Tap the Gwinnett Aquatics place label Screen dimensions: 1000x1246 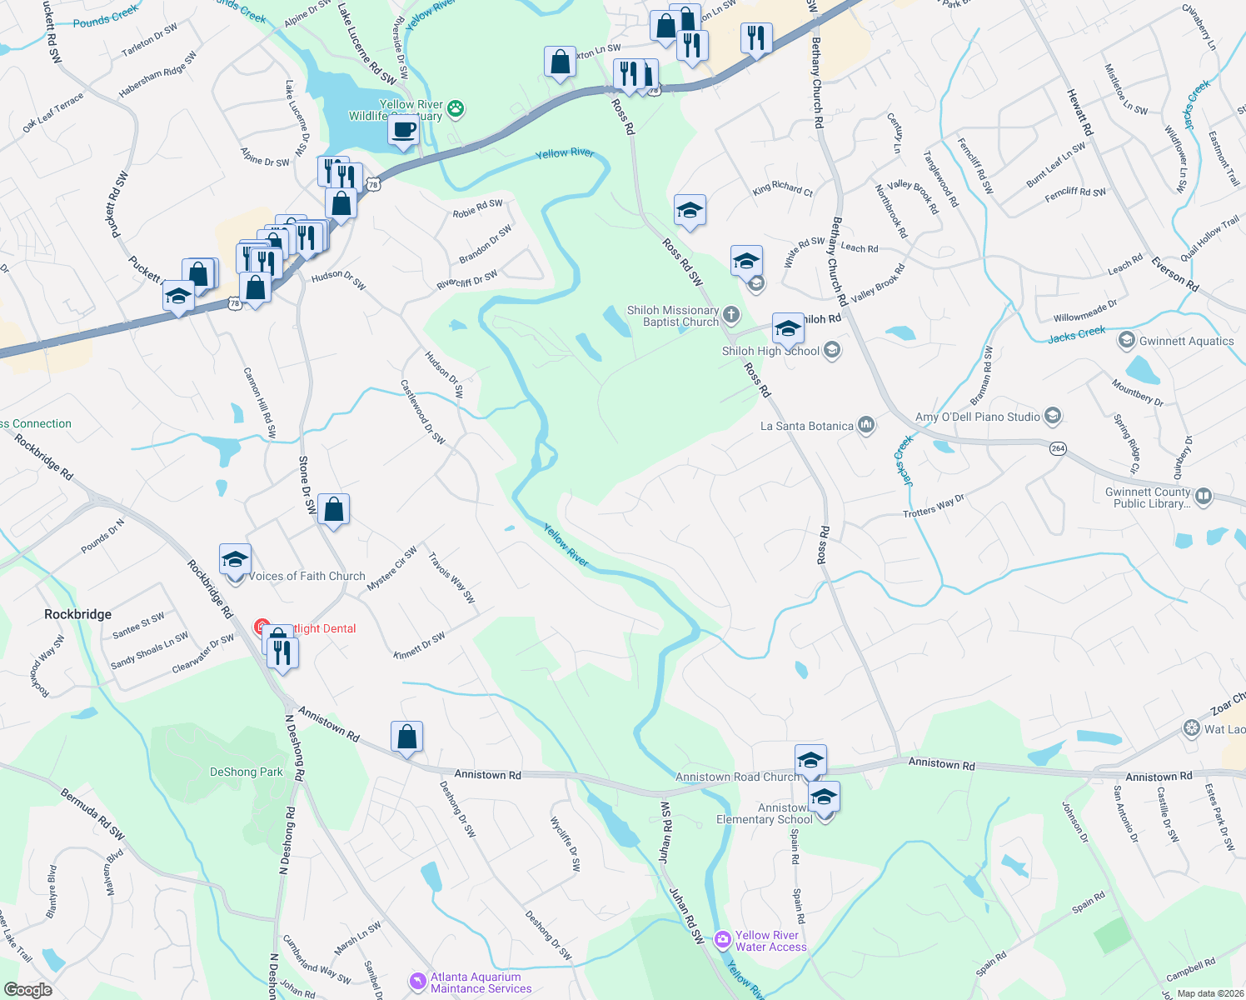point(1186,341)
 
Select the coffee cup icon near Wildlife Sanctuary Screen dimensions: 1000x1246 point(403,131)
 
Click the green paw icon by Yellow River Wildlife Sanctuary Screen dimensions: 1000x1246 point(456,108)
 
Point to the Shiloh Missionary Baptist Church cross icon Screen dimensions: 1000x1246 point(730,314)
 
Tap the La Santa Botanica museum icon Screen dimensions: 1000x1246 point(866,425)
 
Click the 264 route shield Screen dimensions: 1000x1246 point(1058,448)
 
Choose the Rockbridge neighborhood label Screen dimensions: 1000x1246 point(77,614)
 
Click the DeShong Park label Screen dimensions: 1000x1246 point(246,772)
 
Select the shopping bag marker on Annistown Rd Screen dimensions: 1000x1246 point(406,737)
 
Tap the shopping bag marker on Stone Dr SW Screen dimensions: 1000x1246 point(333,510)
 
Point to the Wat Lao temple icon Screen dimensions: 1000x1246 point(1191,728)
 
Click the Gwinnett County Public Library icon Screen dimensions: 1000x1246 point(1203,497)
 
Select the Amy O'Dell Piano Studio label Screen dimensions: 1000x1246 point(977,417)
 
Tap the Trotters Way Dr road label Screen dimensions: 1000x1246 point(933,506)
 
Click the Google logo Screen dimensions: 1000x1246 point(27,989)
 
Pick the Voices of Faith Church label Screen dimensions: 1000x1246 point(307,576)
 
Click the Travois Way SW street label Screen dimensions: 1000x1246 point(451,577)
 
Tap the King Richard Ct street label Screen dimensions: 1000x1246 point(782,189)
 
